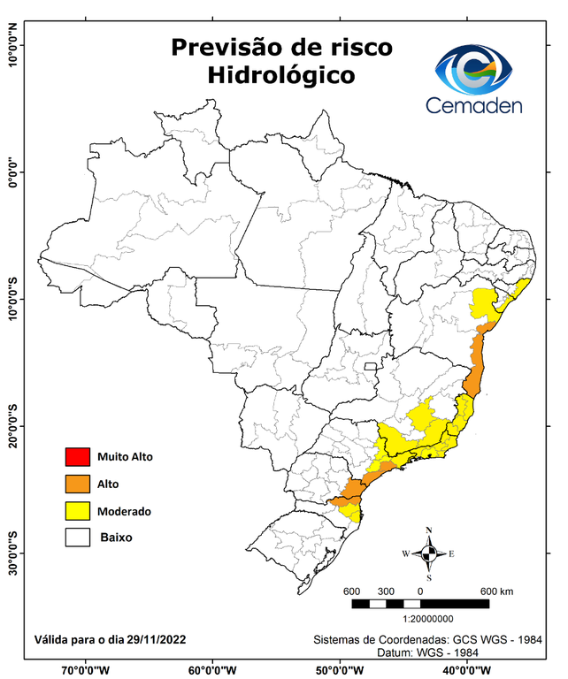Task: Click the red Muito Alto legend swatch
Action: (77, 457)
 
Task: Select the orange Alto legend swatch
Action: (77, 484)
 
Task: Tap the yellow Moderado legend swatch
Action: (77, 511)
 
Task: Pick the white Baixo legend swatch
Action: (77, 538)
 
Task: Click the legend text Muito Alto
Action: (126, 457)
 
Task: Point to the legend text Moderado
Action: (125, 511)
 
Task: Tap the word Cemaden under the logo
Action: (474, 105)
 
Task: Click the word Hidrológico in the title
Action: (281, 76)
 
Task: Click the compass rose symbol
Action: (429, 554)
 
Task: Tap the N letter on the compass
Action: (429, 530)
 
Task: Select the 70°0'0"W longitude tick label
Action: (86, 670)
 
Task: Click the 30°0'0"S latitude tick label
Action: (12, 553)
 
